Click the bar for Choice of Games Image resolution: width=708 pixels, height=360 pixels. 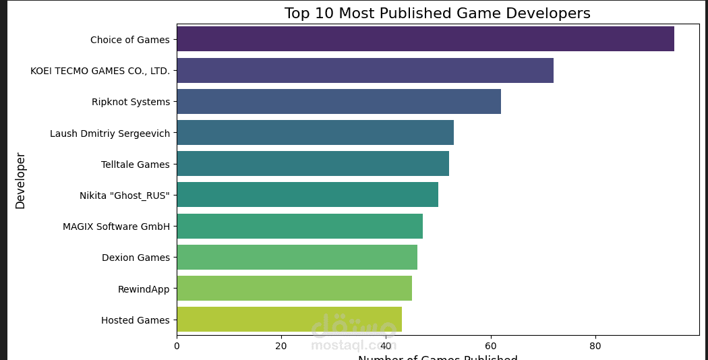point(425,39)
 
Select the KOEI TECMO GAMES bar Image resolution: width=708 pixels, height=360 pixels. point(365,70)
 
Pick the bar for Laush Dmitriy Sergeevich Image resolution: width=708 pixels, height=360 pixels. point(315,133)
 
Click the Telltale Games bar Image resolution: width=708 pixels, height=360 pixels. point(313,164)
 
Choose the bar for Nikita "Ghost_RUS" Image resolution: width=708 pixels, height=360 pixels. point(307,195)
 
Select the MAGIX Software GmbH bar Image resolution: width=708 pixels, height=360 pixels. point(299,226)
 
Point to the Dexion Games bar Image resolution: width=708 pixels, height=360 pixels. point(297,258)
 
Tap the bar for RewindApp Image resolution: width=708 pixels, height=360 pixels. point(294,289)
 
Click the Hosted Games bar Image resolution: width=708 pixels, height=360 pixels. point(289,320)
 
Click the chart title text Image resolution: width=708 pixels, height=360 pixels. point(437,13)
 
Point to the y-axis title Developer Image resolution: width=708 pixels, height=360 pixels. point(20,181)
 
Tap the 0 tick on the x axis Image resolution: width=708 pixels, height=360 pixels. point(177,346)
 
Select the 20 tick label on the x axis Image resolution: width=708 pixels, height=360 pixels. point(281,346)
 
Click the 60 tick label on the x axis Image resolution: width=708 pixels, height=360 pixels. point(491,346)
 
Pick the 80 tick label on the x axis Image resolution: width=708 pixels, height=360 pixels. point(595,346)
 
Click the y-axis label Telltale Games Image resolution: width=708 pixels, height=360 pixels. point(135,164)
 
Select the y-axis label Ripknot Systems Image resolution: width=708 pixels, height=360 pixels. point(131,102)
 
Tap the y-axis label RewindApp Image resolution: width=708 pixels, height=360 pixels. point(144,289)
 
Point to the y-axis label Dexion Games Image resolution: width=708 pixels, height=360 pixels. point(136,258)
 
